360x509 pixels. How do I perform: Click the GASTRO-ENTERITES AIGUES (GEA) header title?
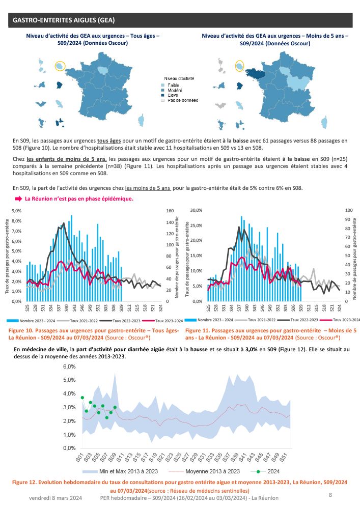point(63,21)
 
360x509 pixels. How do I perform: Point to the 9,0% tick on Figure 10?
point(16,210)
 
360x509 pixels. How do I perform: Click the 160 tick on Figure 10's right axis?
point(171,210)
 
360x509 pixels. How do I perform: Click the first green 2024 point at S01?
point(82,397)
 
